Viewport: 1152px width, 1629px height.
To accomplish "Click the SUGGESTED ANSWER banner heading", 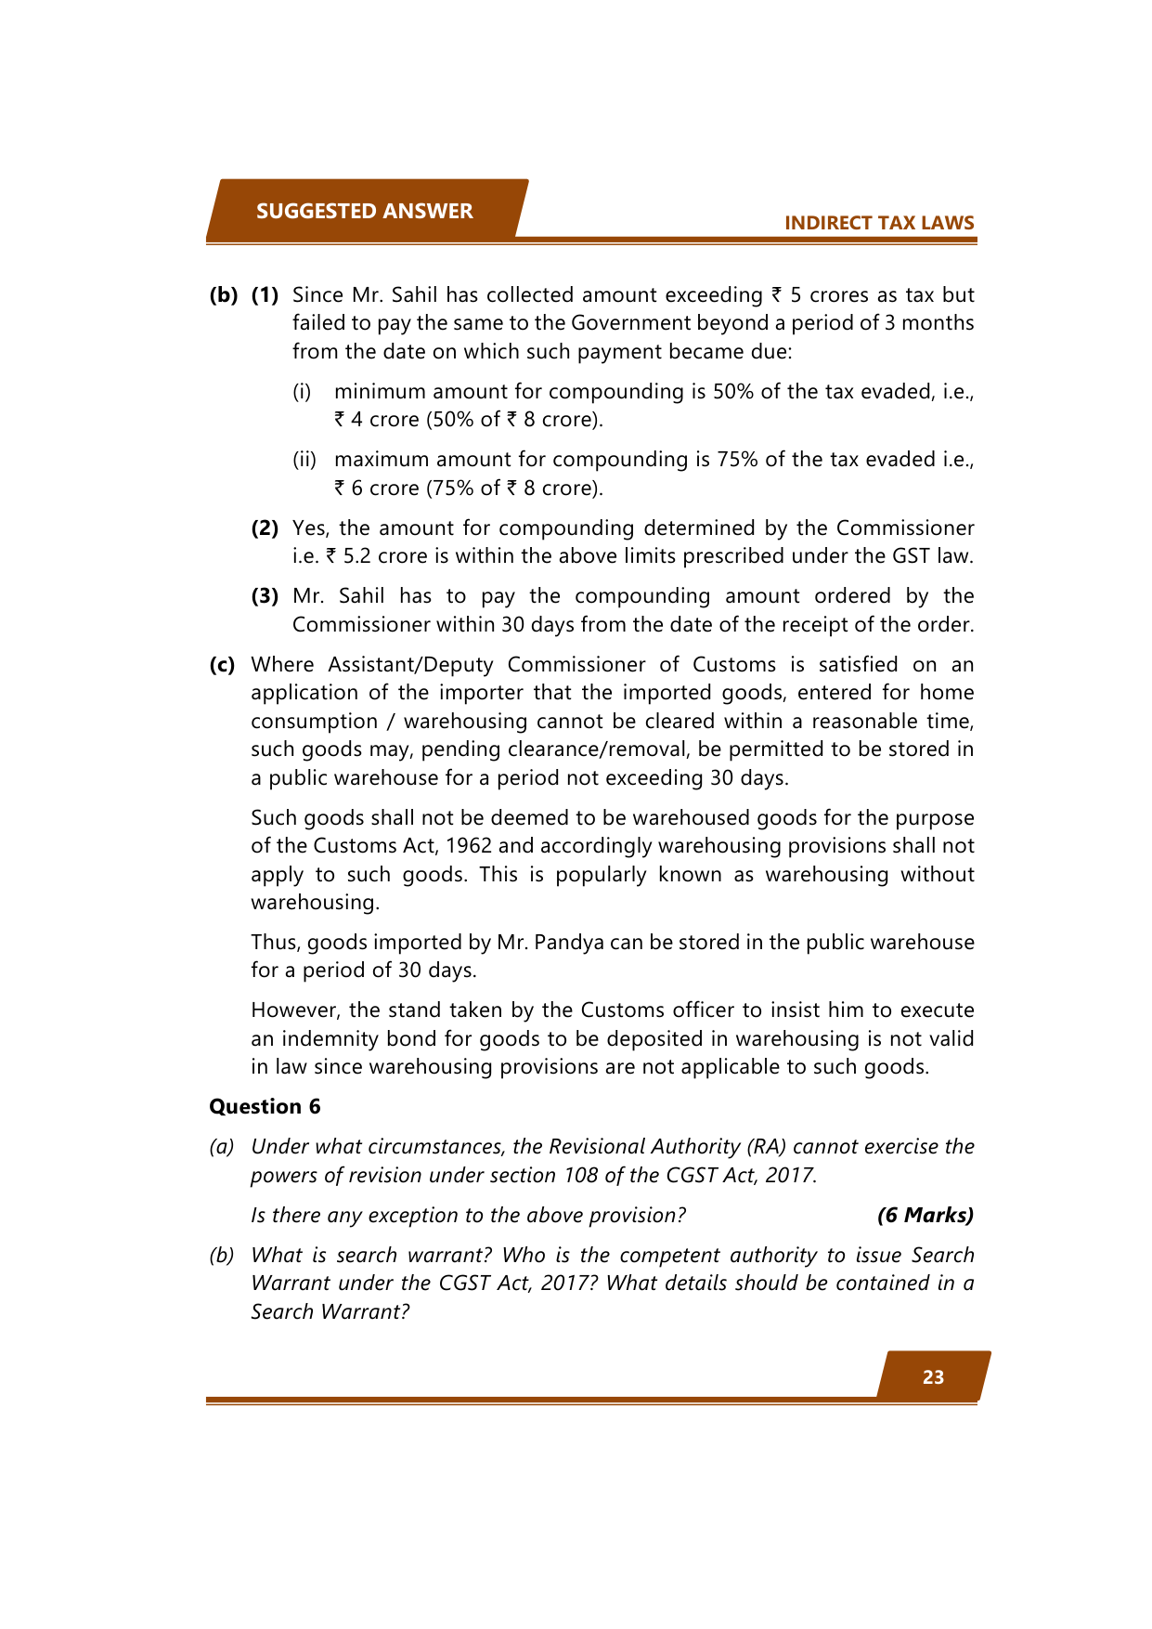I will point(364,211).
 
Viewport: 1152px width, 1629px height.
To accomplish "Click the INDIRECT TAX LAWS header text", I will point(878,223).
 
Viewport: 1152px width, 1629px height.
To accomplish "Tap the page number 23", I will point(933,1377).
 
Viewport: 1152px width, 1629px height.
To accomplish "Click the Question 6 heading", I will point(265,1106).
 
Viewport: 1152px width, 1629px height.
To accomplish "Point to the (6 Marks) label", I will point(925,1215).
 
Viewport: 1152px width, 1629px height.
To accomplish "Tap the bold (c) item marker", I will point(222,664).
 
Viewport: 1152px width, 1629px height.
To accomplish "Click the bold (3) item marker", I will point(265,595).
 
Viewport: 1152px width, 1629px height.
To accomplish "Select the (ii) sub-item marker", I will point(304,459).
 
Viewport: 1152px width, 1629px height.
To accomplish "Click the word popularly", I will point(601,874).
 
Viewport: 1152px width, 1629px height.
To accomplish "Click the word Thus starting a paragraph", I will point(274,942).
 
